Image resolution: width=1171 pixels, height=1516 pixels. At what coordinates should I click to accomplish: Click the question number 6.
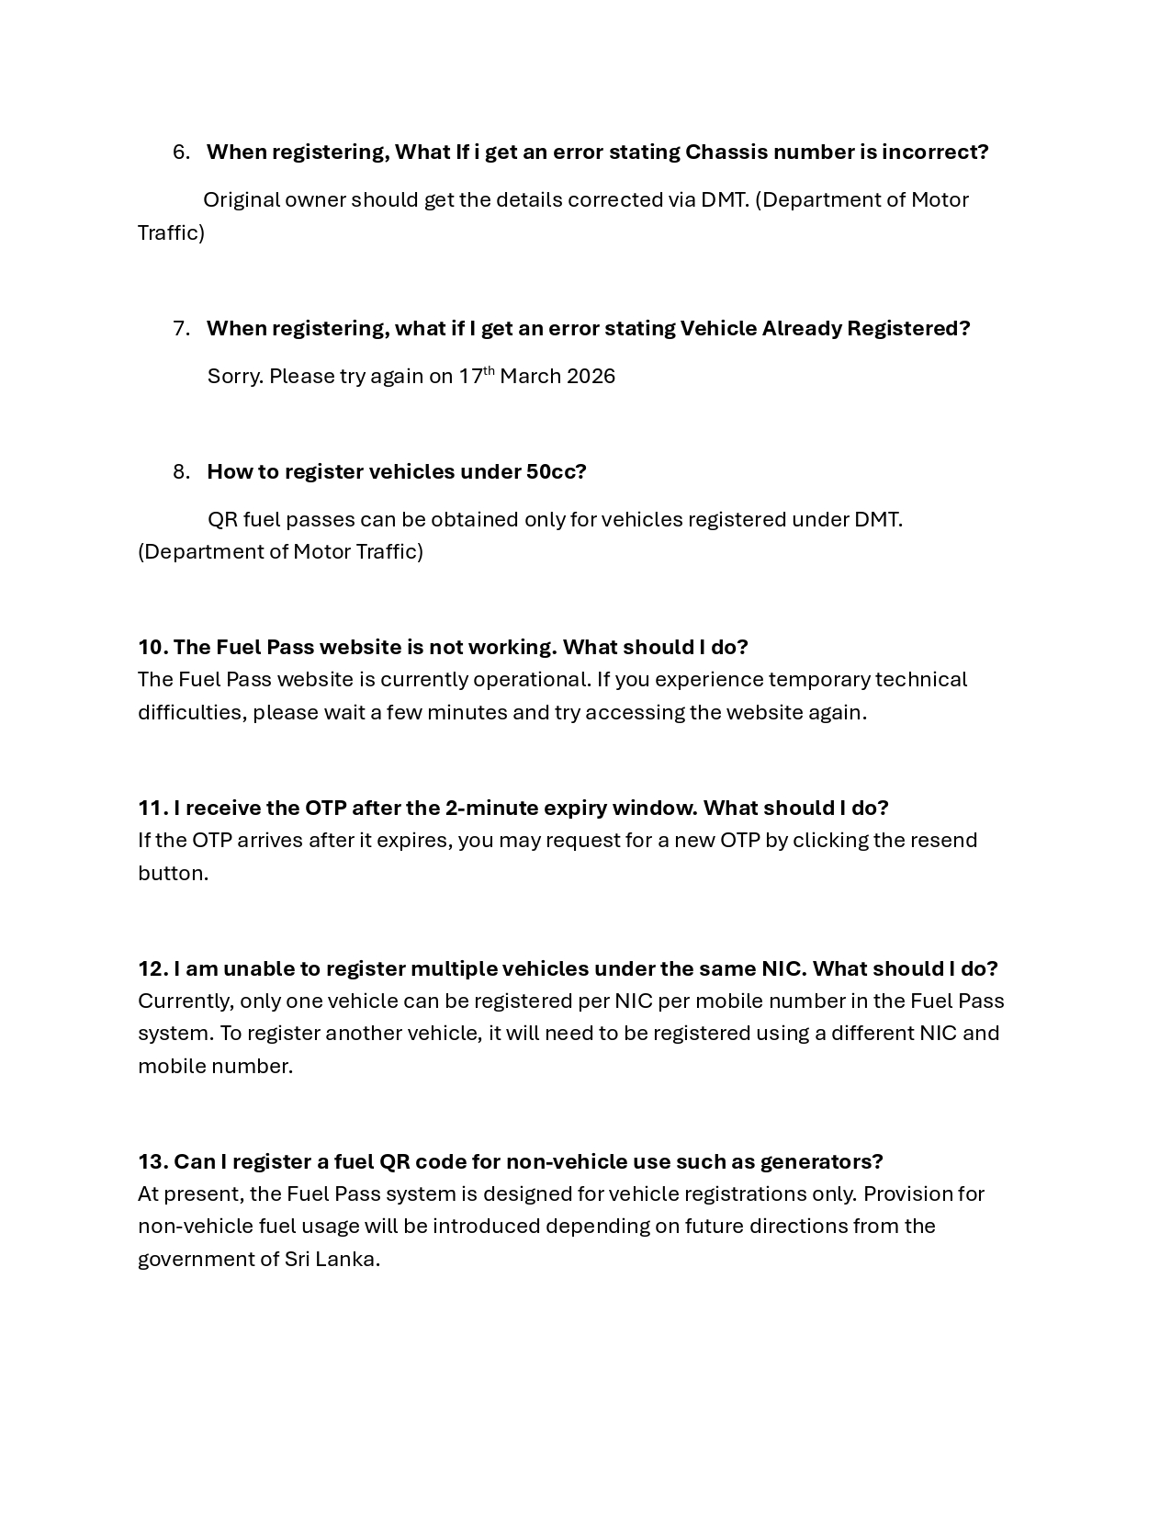click(x=181, y=153)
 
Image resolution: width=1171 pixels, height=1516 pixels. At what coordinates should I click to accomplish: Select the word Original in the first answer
click(x=241, y=200)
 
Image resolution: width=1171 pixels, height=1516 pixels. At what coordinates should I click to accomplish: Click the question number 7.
click(x=181, y=329)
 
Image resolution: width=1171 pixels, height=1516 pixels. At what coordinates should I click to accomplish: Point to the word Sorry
click(x=234, y=377)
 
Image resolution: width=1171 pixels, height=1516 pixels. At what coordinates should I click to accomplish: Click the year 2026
click(x=591, y=377)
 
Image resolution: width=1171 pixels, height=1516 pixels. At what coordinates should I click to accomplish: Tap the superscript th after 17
click(x=489, y=371)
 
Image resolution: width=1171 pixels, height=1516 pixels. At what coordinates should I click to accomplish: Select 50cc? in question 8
click(x=556, y=472)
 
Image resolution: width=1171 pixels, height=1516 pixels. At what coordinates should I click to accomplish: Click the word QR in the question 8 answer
click(x=222, y=520)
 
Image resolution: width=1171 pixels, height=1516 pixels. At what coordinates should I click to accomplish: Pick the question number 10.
click(x=152, y=648)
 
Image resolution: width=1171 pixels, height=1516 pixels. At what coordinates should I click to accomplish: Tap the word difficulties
click(x=192, y=713)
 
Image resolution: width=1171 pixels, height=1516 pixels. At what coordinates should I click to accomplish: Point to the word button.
click(x=173, y=874)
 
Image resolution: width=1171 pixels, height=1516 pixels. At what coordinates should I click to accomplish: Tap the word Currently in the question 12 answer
click(x=186, y=1001)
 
